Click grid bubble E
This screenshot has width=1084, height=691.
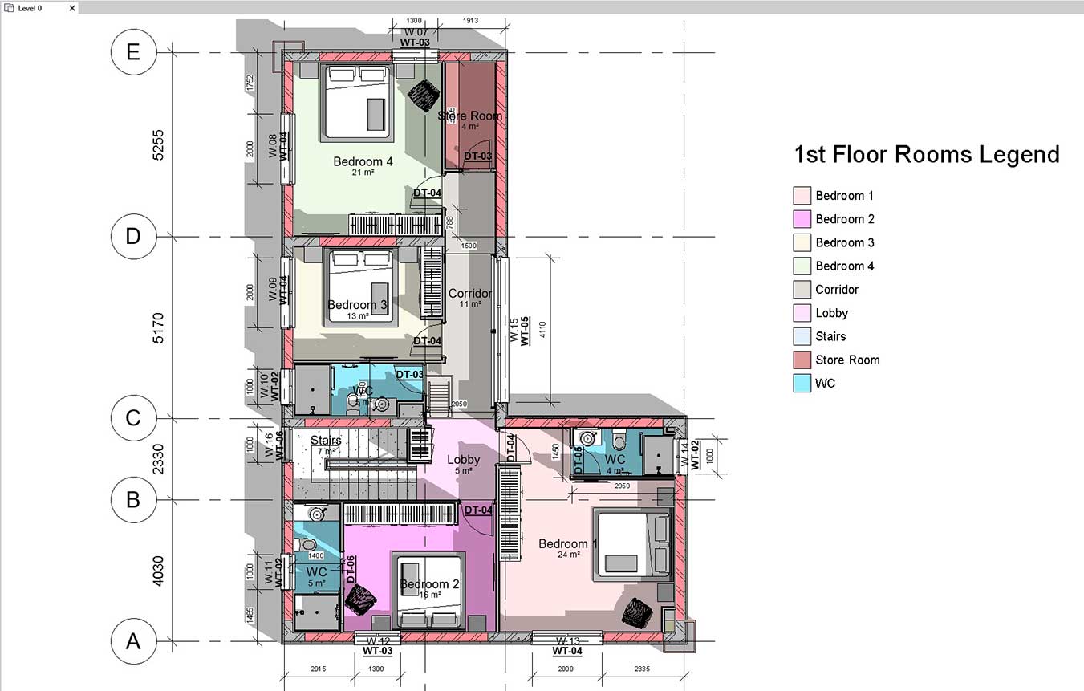[134, 52]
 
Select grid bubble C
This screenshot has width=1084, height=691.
[134, 418]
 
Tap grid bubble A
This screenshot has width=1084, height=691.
[134, 641]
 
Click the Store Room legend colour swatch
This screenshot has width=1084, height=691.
[802, 360]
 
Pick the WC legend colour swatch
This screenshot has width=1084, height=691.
[802, 383]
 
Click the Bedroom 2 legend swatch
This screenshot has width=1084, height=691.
[802, 218]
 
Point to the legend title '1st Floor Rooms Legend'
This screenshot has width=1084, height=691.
[926, 154]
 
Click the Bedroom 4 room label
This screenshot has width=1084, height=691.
[363, 162]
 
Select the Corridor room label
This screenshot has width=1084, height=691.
[469, 293]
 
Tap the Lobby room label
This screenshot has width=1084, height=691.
[463, 460]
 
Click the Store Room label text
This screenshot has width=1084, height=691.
[469, 116]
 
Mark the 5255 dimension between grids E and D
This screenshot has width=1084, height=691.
[158, 144]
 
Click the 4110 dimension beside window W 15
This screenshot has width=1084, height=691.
[542, 329]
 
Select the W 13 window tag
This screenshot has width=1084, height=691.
[567, 641]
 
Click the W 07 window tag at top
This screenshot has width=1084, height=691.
[415, 32]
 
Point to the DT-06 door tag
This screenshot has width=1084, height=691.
[351, 568]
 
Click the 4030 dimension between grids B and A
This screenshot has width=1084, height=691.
[158, 571]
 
